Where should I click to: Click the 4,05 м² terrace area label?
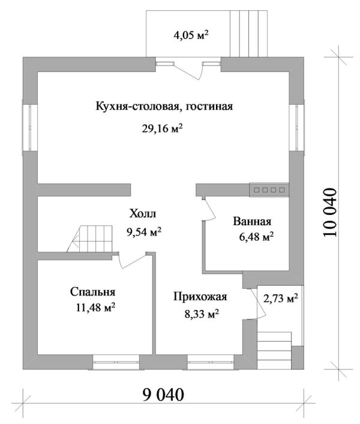[x=191, y=35]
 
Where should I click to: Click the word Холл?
[x=142, y=214]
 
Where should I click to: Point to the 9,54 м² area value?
[x=143, y=231]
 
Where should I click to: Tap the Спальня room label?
[x=92, y=292]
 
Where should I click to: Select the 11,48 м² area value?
[x=93, y=308]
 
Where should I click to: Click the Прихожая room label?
[x=199, y=296]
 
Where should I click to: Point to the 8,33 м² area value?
[x=199, y=313]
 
